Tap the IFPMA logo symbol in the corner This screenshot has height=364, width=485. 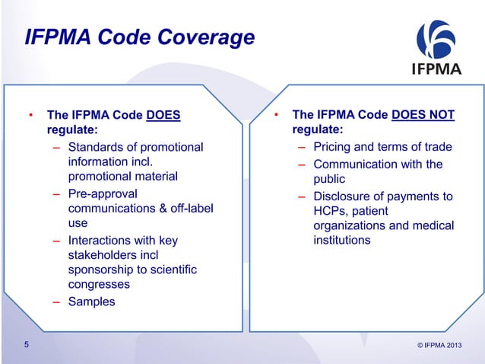(436, 40)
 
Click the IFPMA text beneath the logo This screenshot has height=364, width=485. (436, 73)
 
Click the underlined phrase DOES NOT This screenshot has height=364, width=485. (423, 116)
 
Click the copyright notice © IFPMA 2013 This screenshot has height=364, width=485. (439, 347)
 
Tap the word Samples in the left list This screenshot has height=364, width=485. (92, 302)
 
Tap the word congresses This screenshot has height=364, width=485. (99, 284)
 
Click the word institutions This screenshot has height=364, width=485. (342, 241)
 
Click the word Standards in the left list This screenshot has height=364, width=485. (97, 147)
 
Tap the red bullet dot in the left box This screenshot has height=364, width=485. (31, 117)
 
